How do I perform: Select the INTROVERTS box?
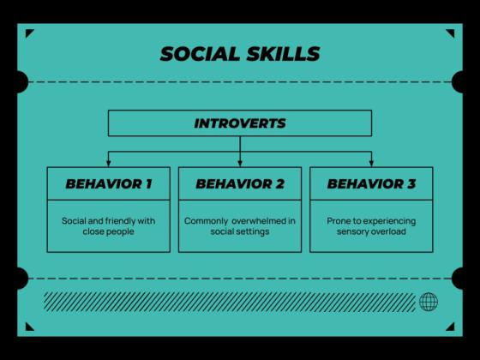pyautogui.click(x=240, y=123)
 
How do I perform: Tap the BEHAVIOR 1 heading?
pyautogui.click(x=109, y=183)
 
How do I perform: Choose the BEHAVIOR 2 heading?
pyautogui.click(x=240, y=183)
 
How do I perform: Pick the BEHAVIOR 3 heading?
pyautogui.click(x=371, y=183)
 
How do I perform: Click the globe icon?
pyautogui.click(x=429, y=302)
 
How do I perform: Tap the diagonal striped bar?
pyautogui.click(x=228, y=302)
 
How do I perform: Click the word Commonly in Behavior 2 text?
pyautogui.click(x=203, y=220)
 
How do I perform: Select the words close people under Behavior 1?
pyautogui.click(x=109, y=231)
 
